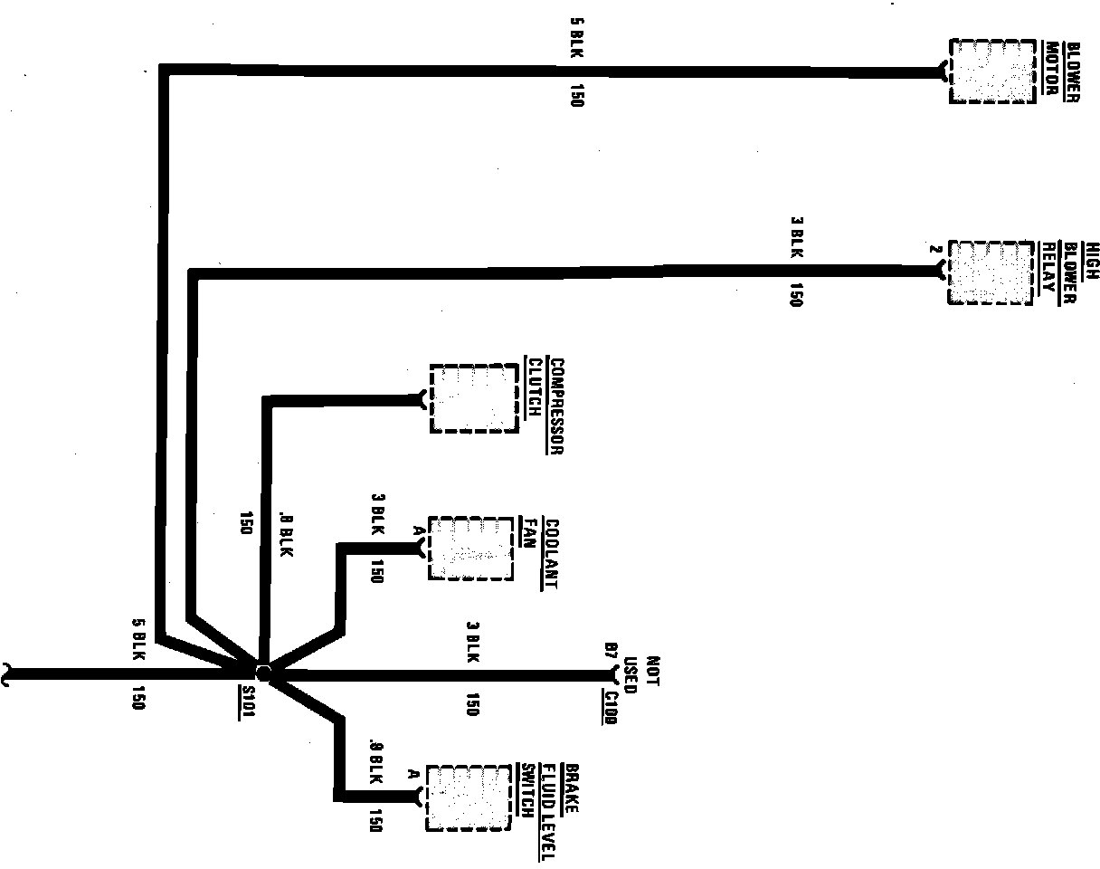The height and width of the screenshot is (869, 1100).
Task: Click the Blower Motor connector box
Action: (991, 71)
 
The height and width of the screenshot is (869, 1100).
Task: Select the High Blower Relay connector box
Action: (990, 272)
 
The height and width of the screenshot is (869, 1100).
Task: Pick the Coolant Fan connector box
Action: (470, 548)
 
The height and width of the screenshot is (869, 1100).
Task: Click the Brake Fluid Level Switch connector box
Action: (469, 797)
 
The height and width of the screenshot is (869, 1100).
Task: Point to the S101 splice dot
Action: (263, 673)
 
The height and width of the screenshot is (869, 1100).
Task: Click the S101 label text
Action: (248, 702)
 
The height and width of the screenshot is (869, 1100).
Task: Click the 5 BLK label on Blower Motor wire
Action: (576, 35)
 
